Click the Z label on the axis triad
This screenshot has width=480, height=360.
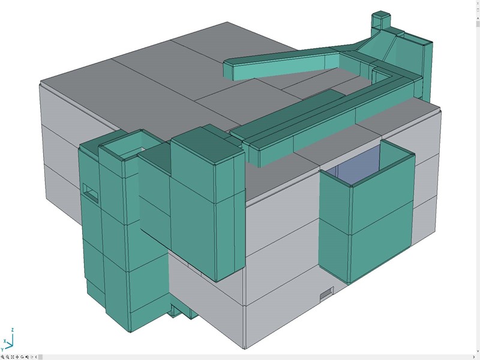tap(13, 330)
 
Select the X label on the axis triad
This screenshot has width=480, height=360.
tap(5, 341)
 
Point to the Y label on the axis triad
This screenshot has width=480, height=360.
tap(2, 350)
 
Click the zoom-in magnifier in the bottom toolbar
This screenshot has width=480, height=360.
tap(2, 357)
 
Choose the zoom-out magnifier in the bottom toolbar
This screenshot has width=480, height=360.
tap(7, 357)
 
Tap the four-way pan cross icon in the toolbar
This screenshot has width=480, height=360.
tap(17, 357)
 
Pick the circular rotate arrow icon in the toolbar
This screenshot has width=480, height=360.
tap(22, 357)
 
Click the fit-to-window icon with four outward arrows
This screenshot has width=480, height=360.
tap(12, 357)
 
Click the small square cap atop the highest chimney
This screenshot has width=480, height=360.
tap(381, 14)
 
